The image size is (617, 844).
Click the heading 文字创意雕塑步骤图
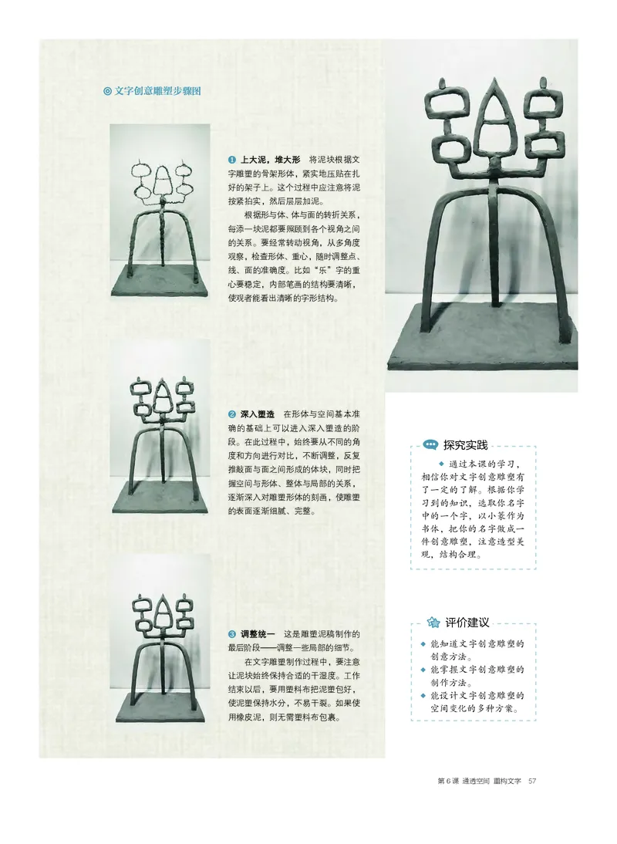coord(158,90)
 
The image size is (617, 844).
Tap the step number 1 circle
coord(232,159)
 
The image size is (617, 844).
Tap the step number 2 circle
coord(232,414)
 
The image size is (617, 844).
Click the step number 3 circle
coord(232,634)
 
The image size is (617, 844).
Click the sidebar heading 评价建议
coord(467,622)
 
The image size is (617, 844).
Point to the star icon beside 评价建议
coord(433,623)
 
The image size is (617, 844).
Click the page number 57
coord(531,781)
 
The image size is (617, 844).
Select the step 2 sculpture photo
coord(160,436)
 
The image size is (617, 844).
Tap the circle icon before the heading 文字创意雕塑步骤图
coord(107,90)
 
